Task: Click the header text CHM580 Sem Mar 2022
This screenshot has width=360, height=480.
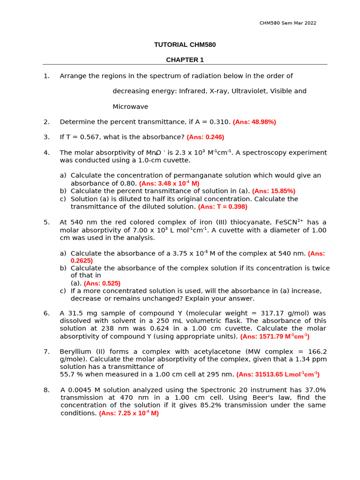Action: point(288,23)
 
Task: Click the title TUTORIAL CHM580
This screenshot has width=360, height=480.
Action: point(185,45)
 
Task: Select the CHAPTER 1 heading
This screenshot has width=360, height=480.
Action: point(185,60)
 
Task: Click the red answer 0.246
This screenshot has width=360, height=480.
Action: point(205,137)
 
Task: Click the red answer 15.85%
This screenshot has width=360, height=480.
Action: point(274,191)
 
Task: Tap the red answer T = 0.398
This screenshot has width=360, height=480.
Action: point(223,207)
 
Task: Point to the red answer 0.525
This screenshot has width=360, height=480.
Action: point(102,284)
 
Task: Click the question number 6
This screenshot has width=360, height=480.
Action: point(46,313)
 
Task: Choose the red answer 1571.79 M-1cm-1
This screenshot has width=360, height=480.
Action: point(275,337)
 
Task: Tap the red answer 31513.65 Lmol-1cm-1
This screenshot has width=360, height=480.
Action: point(277,375)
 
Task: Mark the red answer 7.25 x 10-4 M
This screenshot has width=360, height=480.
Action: point(129,413)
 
